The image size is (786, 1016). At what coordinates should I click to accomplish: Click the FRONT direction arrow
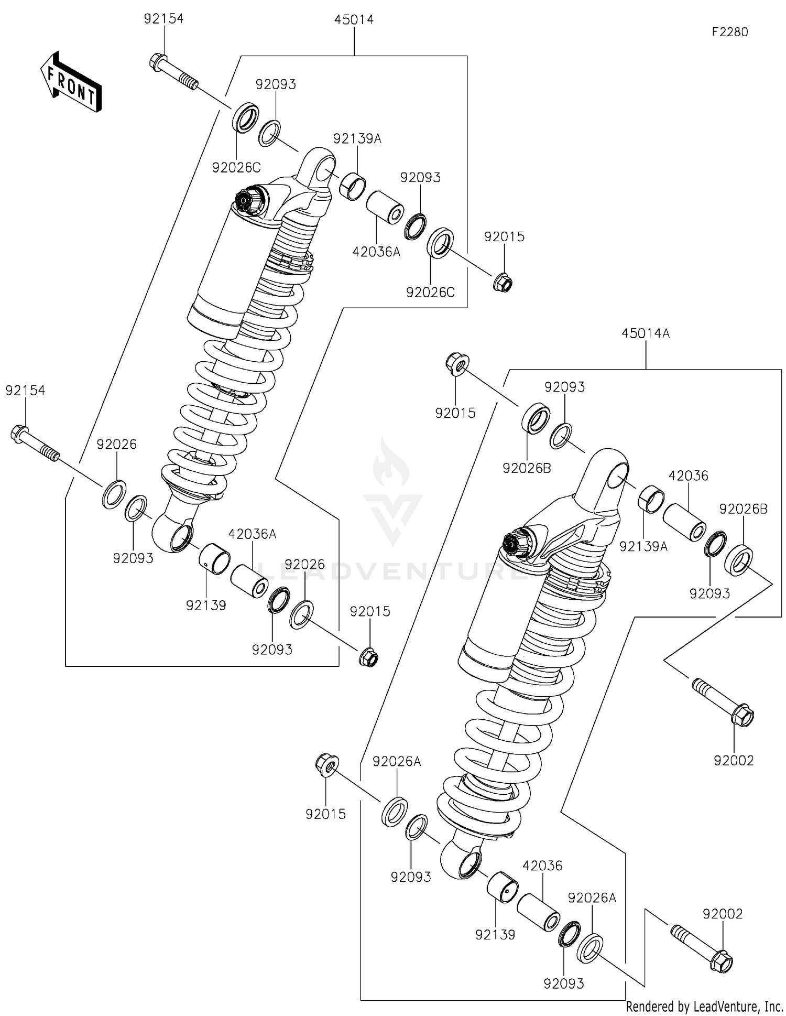(x=70, y=82)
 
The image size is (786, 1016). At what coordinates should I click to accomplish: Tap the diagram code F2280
(x=729, y=32)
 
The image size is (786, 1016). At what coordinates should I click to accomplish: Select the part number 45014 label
(x=354, y=20)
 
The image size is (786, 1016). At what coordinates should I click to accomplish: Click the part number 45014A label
(x=646, y=333)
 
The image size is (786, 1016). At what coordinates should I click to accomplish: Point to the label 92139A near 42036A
(x=357, y=139)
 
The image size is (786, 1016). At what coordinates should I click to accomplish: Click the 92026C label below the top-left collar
(x=236, y=168)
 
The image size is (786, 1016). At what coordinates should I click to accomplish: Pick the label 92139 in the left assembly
(x=206, y=606)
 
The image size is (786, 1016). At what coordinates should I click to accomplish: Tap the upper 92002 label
(x=733, y=760)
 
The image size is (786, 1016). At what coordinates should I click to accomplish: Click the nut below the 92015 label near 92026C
(x=503, y=283)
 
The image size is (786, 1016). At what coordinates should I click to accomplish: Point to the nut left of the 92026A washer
(x=327, y=764)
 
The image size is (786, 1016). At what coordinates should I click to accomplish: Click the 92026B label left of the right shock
(x=527, y=468)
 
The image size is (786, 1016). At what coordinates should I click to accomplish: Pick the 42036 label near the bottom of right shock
(x=542, y=866)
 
